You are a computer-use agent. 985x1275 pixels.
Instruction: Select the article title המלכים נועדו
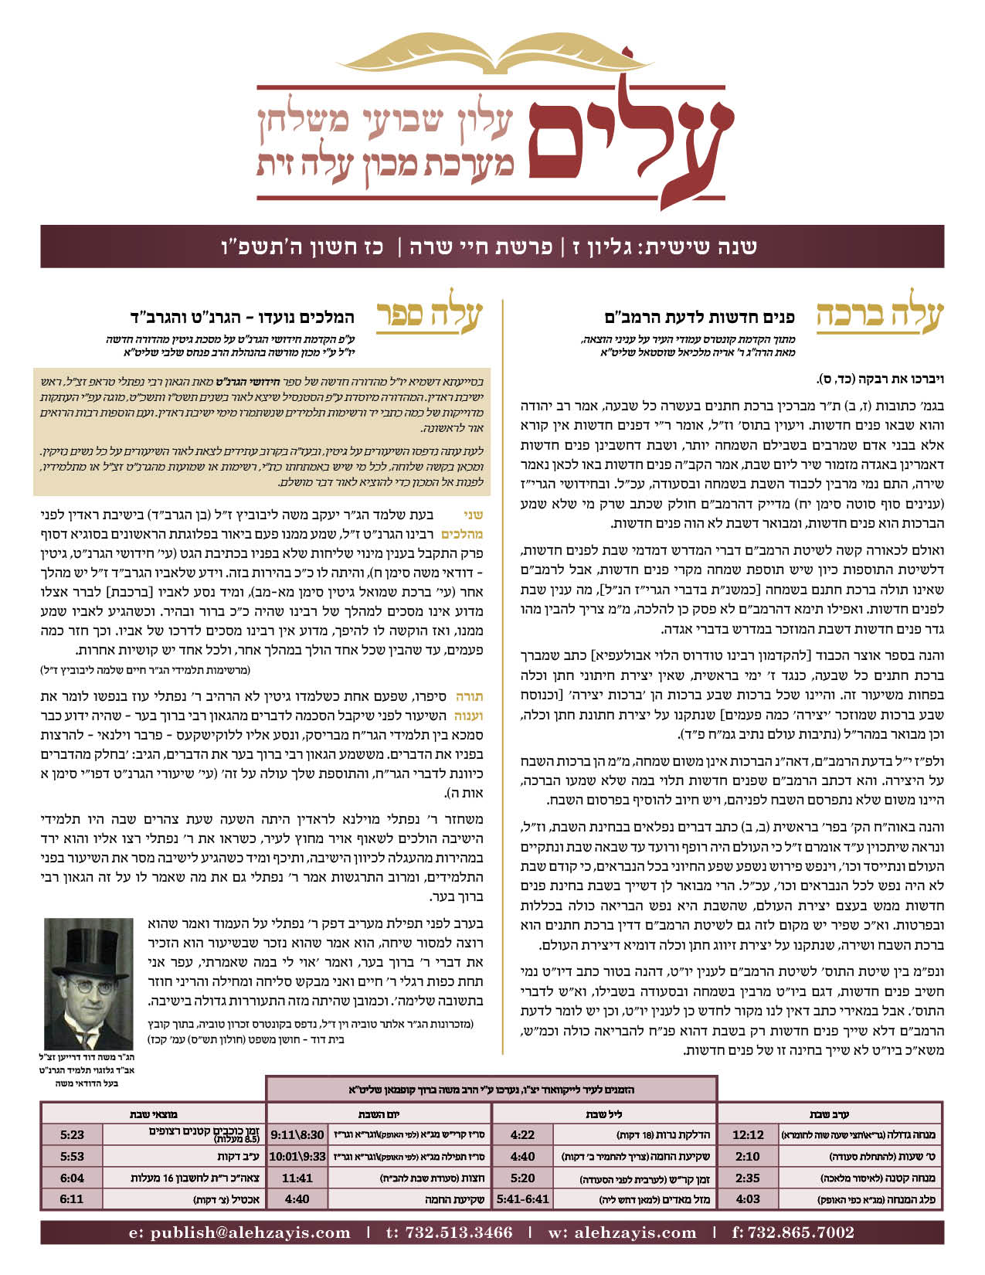pos(242,318)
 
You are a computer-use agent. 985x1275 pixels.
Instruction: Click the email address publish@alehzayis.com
pos(239,1232)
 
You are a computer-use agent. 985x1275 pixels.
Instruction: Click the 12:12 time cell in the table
pos(747,1135)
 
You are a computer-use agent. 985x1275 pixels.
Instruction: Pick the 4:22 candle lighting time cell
pos(522,1135)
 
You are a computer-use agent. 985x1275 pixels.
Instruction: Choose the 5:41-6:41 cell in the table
pos(522,1199)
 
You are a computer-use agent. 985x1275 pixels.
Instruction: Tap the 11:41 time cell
pos(297,1178)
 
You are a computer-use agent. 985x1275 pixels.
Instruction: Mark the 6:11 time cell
pos(72,1199)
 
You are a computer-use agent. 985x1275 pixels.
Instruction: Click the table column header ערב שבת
pos(829,1114)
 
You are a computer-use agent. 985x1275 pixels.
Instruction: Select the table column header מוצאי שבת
pos(153,1114)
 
